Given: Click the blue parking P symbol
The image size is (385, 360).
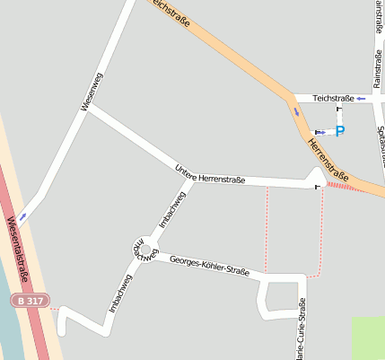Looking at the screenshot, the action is point(340,131).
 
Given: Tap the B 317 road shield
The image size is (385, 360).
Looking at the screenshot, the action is point(30,299).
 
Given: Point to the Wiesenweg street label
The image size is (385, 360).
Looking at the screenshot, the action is point(91,92).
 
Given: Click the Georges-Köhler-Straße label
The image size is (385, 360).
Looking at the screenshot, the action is point(209,263).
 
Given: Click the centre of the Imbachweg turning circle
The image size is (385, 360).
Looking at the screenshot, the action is point(142,244).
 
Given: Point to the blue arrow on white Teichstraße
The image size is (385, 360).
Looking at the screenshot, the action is point(361,99).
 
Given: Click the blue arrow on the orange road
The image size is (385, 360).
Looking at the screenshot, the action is point(297,112).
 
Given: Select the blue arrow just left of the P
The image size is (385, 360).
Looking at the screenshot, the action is point(320,132).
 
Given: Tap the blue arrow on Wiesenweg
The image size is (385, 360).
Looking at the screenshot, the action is point(22,215).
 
